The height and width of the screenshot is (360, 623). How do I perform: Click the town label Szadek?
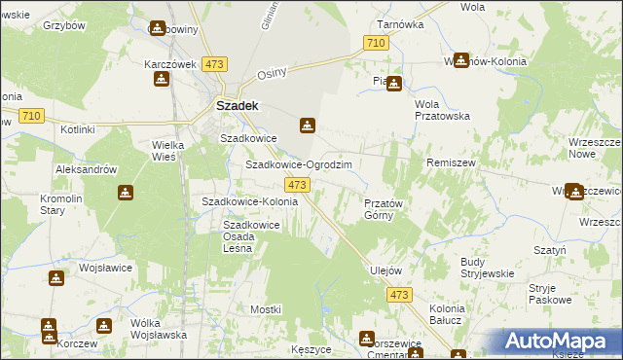pyautogui.click(x=236, y=105)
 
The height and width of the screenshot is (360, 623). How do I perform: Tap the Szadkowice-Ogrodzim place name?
pyautogui.click(x=298, y=165)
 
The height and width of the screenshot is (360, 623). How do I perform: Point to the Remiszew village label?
pyautogui.click(x=450, y=163)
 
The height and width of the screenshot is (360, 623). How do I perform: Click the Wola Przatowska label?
pyautogui.click(x=442, y=110)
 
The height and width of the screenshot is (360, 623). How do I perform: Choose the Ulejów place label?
pyautogui.click(x=386, y=270)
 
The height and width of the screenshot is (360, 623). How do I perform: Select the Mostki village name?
pyautogui.click(x=265, y=308)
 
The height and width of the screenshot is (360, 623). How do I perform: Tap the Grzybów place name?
pyautogui.click(x=65, y=24)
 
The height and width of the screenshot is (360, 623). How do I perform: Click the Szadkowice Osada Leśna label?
pyautogui.click(x=252, y=236)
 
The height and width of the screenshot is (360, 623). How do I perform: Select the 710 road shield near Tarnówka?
pyautogui.click(x=376, y=43)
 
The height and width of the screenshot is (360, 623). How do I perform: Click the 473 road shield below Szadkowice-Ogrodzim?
pyautogui.click(x=297, y=185)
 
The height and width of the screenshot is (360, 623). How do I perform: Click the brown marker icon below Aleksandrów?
pyautogui.click(x=126, y=193)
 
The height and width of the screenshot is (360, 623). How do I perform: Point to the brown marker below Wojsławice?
pyautogui.click(x=57, y=279)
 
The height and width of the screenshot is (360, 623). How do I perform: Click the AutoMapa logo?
pyautogui.click(x=561, y=342)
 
